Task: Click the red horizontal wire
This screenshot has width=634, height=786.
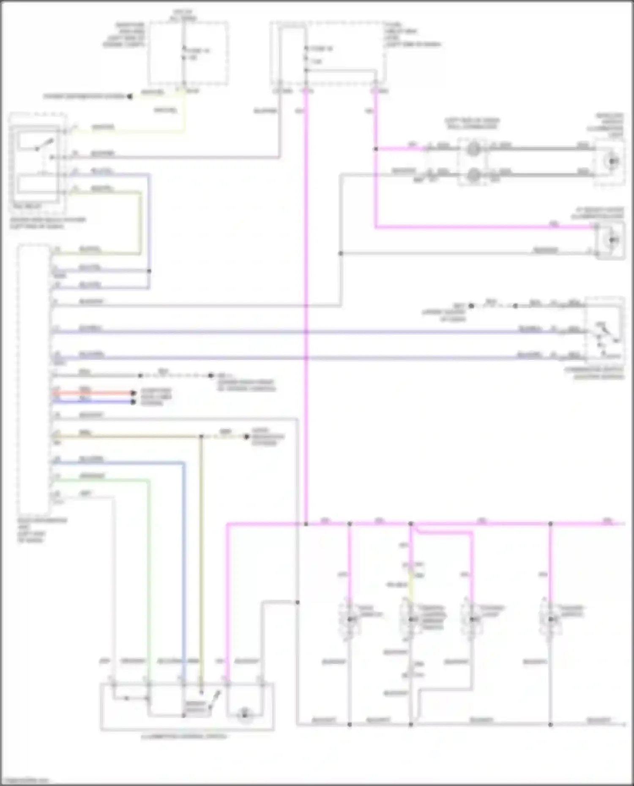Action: tap(93, 393)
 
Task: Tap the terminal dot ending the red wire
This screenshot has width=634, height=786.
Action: tap(133, 393)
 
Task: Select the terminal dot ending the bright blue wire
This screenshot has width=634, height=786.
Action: tap(133, 402)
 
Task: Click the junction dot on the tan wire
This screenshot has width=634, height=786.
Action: tap(202, 436)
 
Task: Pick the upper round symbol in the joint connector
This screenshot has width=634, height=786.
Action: tap(473, 149)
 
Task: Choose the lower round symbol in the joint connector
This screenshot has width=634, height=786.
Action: tap(473, 174)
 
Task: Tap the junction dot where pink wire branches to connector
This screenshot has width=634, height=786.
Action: tap(376, 149)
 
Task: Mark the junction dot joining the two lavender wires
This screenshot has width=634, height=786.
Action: tap(149, 271)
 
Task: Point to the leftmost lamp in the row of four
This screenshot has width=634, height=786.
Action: tap(350, 619)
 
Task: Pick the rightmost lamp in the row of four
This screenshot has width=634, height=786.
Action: tap(550, 619)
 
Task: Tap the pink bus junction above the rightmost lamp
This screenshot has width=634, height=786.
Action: tap(550, 524)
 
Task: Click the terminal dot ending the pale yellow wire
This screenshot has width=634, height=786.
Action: tap(130, 96)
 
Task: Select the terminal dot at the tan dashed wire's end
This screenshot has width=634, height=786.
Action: tap(247, 436)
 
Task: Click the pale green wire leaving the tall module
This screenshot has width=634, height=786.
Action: tap(101, 480)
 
